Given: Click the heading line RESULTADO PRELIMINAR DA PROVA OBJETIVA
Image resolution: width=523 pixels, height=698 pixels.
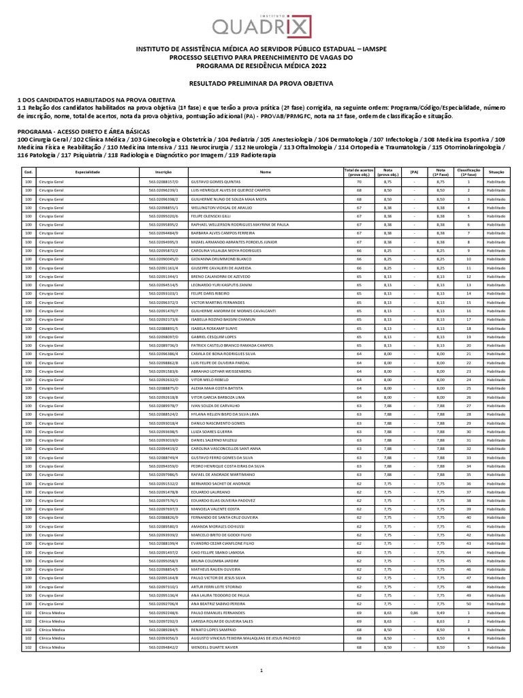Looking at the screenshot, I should (261, 82).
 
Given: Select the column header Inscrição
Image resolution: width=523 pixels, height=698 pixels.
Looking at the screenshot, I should (163, 172).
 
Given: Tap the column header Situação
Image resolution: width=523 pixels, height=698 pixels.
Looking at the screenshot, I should (495, 172).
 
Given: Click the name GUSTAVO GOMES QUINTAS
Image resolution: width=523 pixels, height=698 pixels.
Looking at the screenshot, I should (217, 183).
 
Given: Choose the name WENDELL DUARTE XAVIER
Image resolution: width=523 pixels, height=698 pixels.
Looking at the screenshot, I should (215, 646).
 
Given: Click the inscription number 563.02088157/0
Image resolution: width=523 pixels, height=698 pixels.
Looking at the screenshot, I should (163, 183).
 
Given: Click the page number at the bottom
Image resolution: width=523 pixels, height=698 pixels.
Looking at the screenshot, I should (261, 671).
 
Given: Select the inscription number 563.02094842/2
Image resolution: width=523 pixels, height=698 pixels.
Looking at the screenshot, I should (163, 646).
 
